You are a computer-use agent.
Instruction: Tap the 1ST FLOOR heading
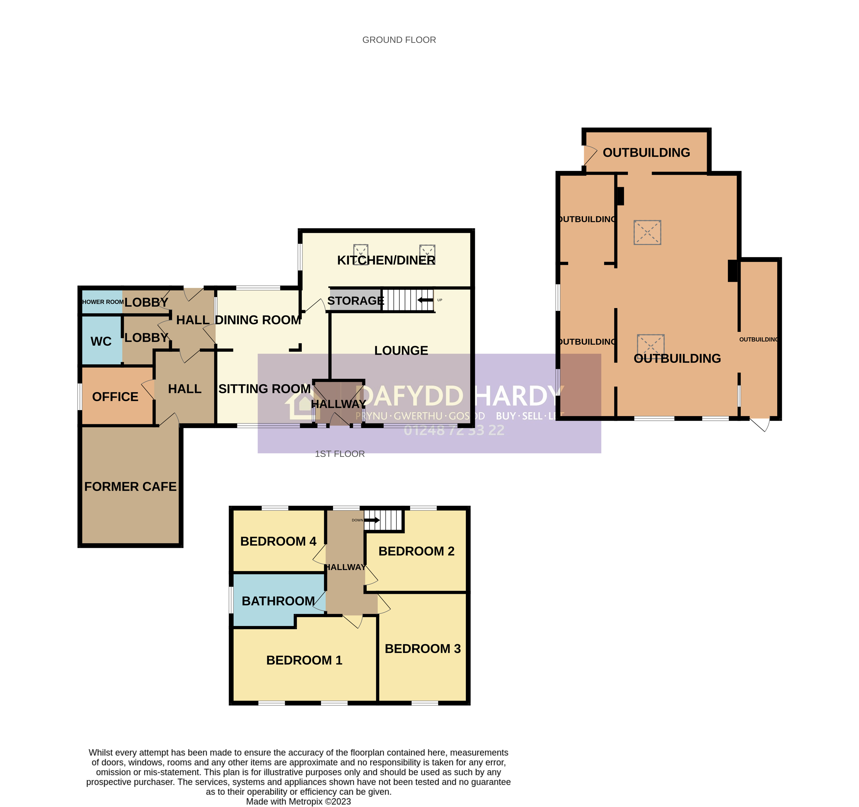[x=340, y=453]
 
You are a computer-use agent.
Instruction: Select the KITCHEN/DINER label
[x=386, y=260]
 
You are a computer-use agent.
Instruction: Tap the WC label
[x=101, y=341]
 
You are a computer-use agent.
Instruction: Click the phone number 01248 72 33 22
[x=454, y=430]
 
